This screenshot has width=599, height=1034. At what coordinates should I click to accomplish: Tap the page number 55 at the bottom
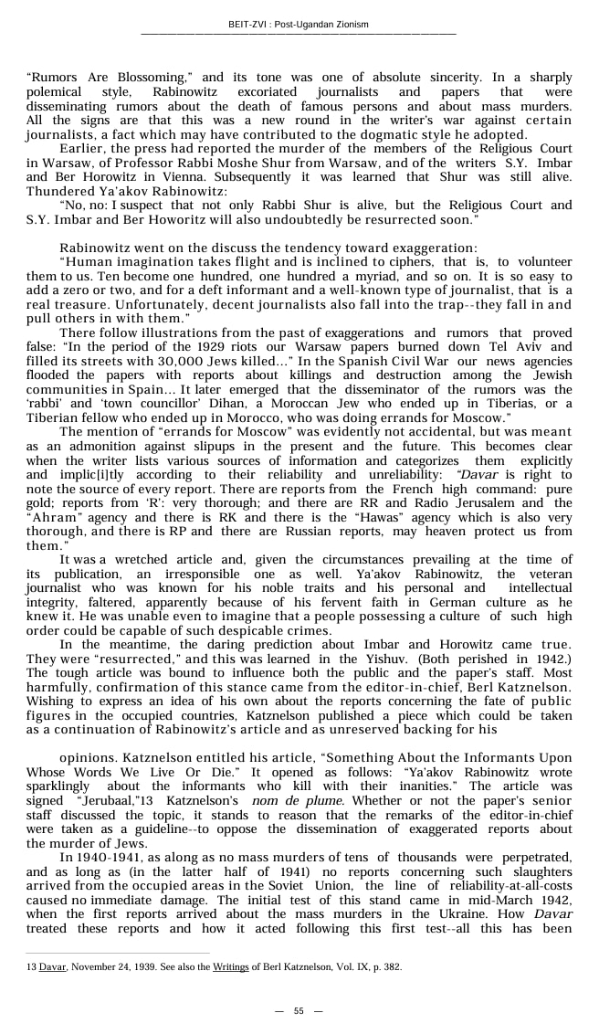(x=299, y=1011)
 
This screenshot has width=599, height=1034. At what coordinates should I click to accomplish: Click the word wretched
(x=134, y=560)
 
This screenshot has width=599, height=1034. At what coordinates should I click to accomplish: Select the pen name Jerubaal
(x=108, y=801)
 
